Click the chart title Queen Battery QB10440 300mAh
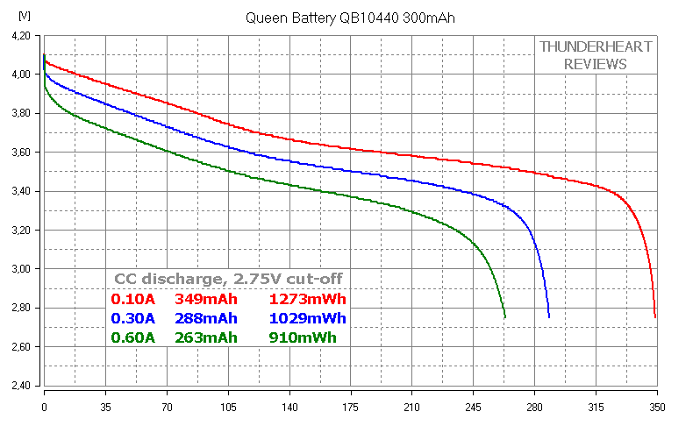350,18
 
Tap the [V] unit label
25,16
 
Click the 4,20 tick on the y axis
21,36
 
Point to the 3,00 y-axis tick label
21,269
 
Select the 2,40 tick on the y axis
21,386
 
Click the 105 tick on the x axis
228,407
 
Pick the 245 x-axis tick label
473,407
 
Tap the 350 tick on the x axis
657,407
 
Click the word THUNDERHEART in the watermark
596,46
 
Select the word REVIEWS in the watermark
596,64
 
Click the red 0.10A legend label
133,299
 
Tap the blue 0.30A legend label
133,318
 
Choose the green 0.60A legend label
133,337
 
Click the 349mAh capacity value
206,299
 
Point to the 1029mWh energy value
308,318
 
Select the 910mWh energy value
303,337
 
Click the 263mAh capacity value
206,337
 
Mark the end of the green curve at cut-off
505,317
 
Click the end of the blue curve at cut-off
548,317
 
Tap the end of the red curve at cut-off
655,317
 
